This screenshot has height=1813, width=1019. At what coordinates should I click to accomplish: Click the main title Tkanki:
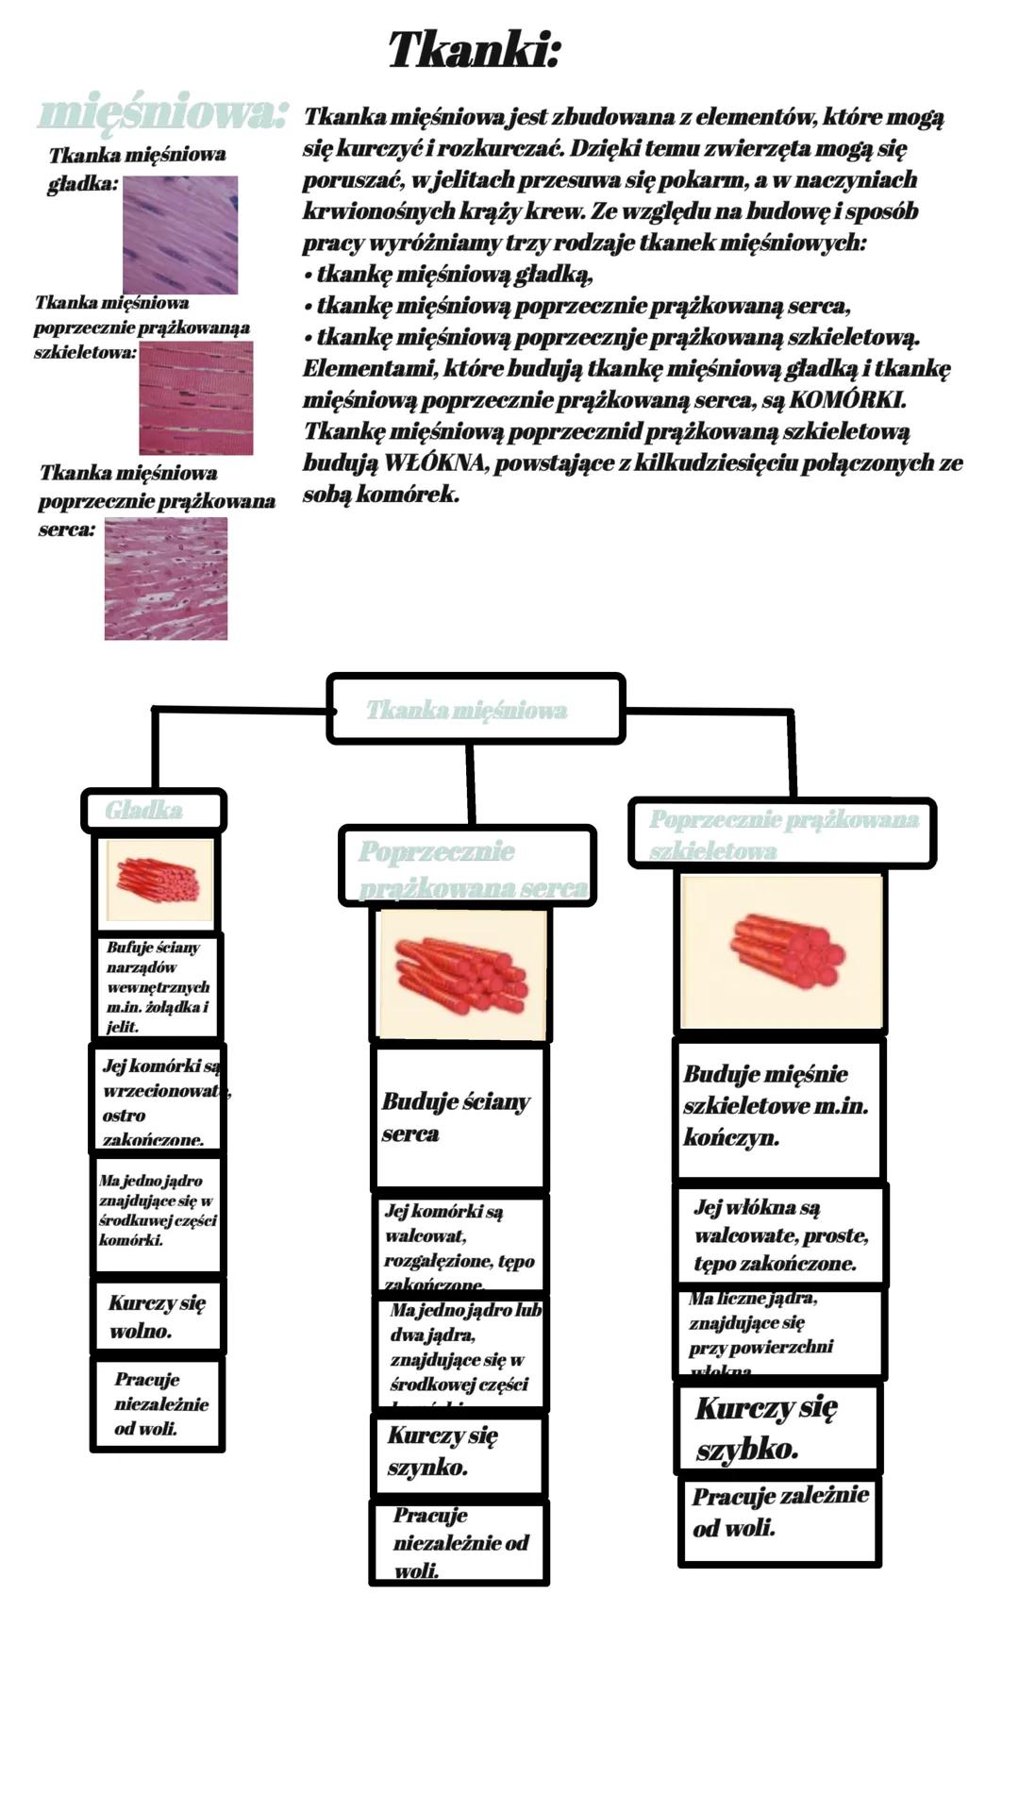click(475, 49)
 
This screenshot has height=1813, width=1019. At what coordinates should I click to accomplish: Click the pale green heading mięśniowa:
click(162, 113)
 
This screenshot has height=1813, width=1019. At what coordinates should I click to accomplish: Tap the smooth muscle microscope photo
click(180, 235)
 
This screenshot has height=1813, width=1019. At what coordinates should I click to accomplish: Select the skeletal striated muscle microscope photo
click(196, 398)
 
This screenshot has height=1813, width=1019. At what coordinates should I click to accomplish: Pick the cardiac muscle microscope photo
click(166, 579)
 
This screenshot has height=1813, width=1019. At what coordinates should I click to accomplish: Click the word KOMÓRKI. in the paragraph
click(846, 400)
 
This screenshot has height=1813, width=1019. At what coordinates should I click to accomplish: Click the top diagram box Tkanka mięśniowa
click(476, 709)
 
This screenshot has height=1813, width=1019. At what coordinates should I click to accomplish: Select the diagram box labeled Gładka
click(153, 811)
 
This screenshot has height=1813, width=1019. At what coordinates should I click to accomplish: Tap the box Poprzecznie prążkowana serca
click(468, 866)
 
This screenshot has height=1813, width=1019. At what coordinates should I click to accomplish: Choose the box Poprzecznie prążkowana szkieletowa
click(781, 833)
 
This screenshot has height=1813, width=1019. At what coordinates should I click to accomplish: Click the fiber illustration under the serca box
click(462, 974)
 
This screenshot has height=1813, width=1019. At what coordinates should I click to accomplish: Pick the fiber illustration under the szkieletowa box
click(781, 951)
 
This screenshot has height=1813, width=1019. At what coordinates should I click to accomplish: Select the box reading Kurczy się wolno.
click(157, 1317)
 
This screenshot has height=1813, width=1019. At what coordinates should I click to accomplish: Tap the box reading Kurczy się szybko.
click(777, 1428)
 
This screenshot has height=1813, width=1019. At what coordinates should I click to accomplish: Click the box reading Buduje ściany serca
click(459, 1117)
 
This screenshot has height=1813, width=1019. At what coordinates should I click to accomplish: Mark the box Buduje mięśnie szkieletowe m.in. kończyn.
click(779, 1107)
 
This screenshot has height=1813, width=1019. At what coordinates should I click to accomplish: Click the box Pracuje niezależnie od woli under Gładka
click(158, 1404)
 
